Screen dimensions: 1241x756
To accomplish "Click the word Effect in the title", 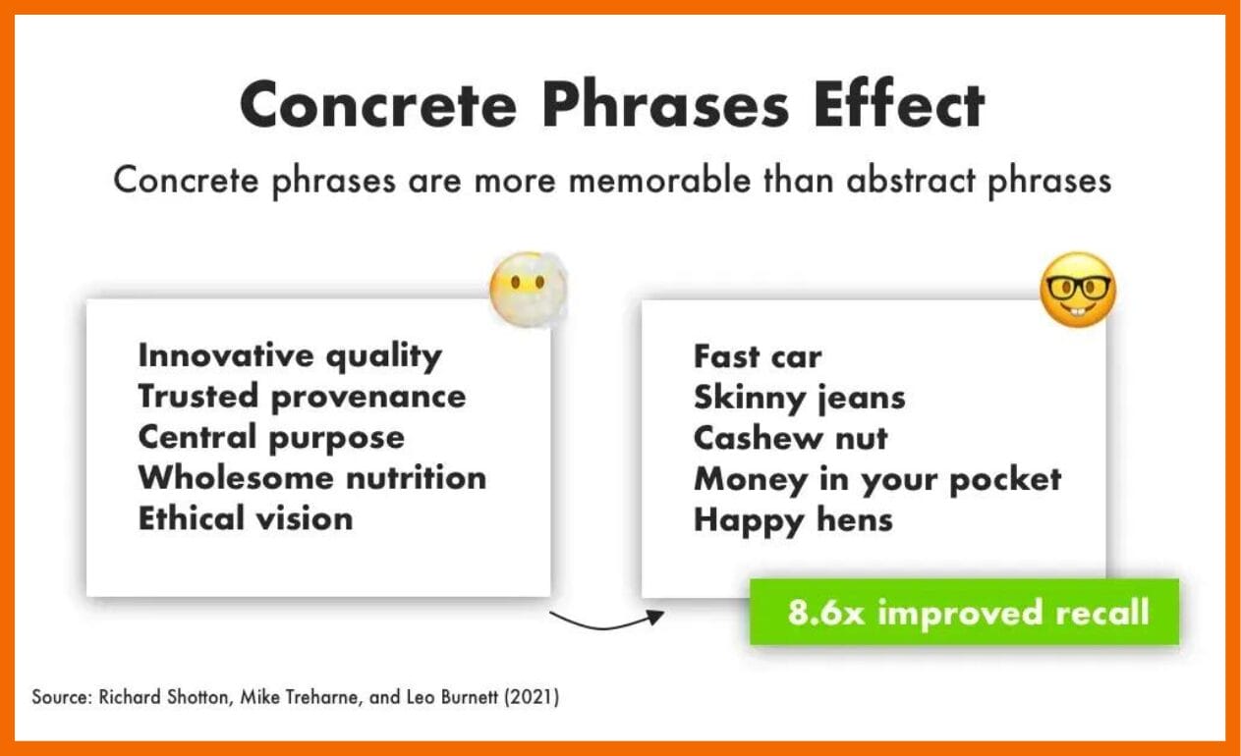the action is pyautogui.click(x=899, y=104).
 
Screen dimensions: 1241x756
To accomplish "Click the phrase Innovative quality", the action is pyautogui.click(x=290, y=355).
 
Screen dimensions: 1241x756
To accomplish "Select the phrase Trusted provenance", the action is pyautogui.click(x=302, y=397).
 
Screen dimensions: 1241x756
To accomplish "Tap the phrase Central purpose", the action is pyautogui.click(x=271, y=437).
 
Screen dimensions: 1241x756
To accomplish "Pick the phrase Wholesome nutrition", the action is pyautogui.click(x=312, y=477).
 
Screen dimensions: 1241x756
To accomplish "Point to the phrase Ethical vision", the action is pyautogui.click(x=246, y=518).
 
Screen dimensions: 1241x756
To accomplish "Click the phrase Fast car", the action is pyautogui.click(x=758, y=355).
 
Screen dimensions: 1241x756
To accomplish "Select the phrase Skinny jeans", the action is pyautogui.click(x=800, y=398).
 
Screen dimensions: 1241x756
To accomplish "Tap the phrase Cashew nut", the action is pyautogui.click(x=791, y=438).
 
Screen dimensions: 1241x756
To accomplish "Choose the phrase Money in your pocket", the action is pyautogui.click(x=877, y=479).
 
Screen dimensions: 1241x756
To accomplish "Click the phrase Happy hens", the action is pyautogui.click(x=793, y=520).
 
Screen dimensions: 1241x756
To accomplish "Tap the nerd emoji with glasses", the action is pyautogui.click(x=1078, y=290).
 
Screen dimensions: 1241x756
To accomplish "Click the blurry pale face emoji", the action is pyautogui.click(x=528, y=289).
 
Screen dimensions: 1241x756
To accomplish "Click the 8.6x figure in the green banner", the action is pyautogui.click(x=826, y=613).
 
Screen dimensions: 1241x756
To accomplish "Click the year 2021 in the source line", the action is pyautogui.click(x=532, y=697).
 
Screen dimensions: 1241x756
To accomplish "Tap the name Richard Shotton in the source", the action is pyautogui.click(x=163, y=697).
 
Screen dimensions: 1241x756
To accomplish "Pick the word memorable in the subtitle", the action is pyautogui.click(x=659, y=181).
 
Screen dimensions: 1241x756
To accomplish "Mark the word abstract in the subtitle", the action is pyautogui.click(x=911, y=181).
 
